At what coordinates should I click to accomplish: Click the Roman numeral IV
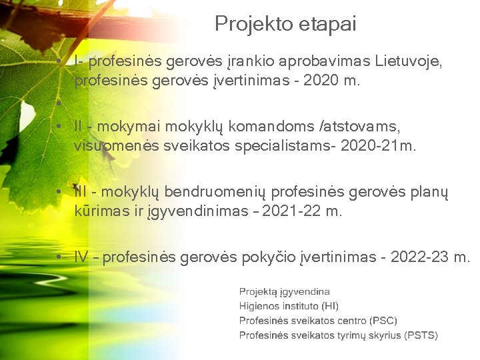(x=81, y=257)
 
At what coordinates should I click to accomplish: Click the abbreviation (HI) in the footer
(x=330, y=306)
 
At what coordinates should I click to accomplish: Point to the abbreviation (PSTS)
(x=422, y=335)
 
